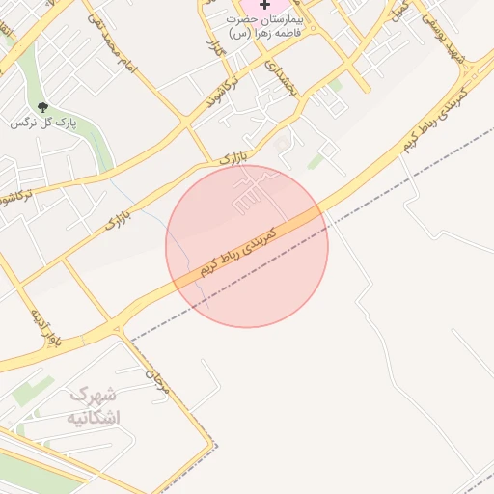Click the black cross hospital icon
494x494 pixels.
click(265, 5)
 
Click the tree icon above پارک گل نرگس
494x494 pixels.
click(41, 106)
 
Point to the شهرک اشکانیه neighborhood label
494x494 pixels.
click(95, 406)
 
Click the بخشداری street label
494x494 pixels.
click(279, 79)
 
